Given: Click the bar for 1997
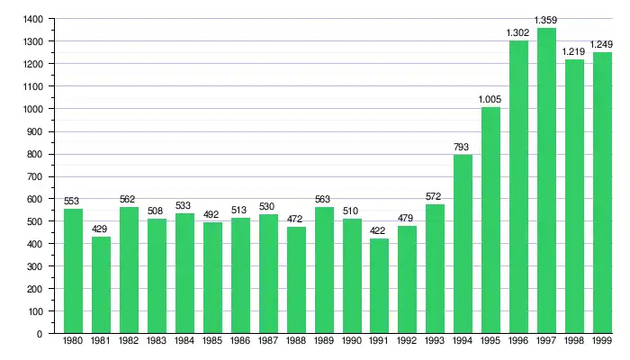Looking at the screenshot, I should (x=546, y=180).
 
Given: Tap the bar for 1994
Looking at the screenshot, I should (x=463, y=244).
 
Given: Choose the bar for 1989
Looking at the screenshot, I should (x=323, y=270).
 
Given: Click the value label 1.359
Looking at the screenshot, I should (x=546, y=20).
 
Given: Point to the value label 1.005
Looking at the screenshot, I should (x=490, y=99).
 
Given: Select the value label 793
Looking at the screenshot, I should (x=463, y=147).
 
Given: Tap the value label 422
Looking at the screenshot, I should (x=379, y=230).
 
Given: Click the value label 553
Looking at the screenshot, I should (x=73, y=201).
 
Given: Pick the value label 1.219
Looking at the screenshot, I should (x=574, y=51).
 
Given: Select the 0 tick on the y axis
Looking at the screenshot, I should (x=40, y=334).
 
